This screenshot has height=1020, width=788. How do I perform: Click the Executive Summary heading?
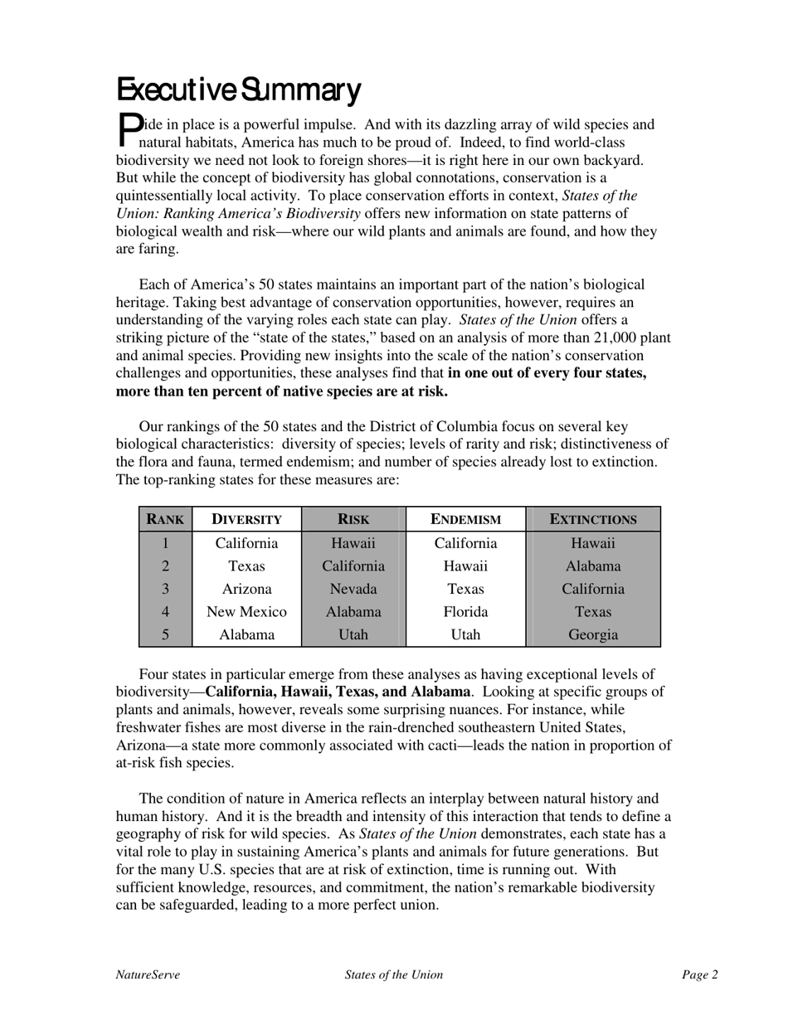coord(238,90)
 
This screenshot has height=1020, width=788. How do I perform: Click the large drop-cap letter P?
coord(128,128)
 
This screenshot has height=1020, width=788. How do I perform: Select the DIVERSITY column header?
coord(246,520)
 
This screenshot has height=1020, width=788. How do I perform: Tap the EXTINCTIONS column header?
coord(593,520)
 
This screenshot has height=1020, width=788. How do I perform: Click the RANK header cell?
coord(165,520)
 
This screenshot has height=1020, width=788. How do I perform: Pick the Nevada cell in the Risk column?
coord(353,590)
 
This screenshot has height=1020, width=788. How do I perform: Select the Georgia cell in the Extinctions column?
coord(593,635)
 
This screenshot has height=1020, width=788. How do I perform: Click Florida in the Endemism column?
coord(465,613)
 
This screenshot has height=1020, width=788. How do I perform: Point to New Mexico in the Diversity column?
coord(246,613)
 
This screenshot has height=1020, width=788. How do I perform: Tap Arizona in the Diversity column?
coord(246,590)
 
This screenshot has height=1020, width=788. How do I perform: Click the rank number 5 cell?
coord(165,635)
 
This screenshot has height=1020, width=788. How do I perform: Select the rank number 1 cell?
coord(165,544)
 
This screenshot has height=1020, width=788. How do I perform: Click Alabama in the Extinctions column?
coord(593,567)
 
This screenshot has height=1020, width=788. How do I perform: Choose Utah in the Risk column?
coord(353,635)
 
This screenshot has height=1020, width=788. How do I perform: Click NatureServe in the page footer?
coord(148,975)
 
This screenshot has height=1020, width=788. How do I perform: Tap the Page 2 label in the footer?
coord(700,975)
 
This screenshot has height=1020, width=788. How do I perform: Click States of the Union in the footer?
coord(394,975)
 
